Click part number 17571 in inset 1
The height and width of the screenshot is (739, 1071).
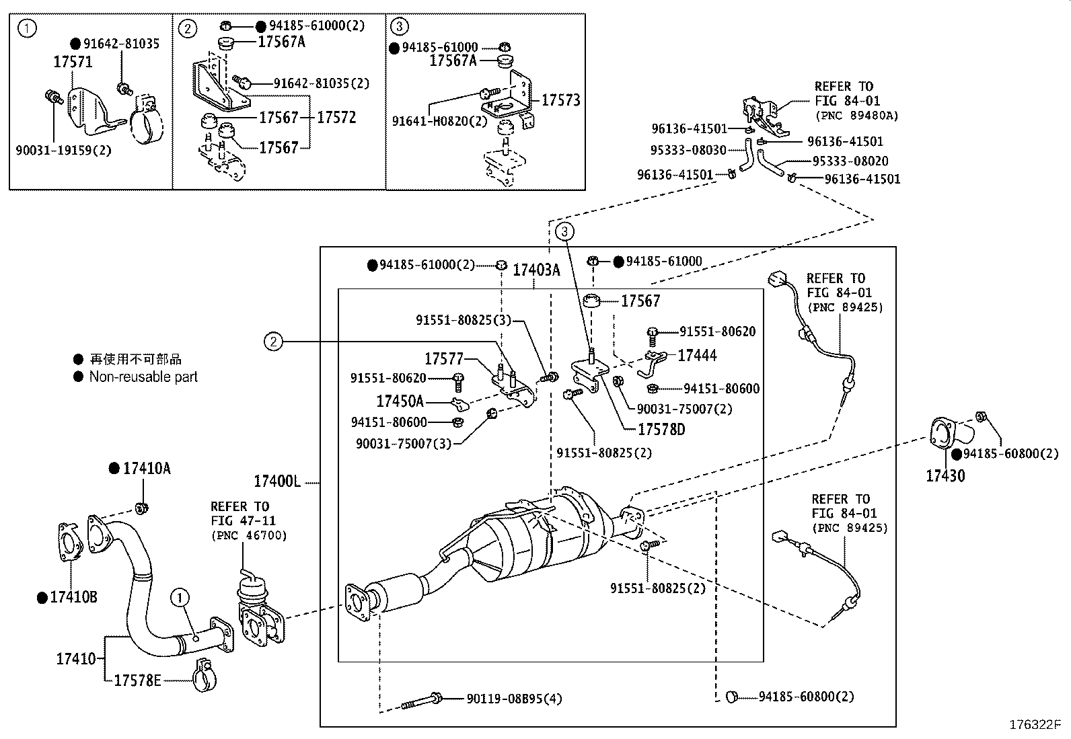[73, 62]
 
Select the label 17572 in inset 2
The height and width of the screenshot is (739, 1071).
[336, 118]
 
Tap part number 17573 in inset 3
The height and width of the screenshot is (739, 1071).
[560, 100]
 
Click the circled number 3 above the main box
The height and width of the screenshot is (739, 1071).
[565, 232]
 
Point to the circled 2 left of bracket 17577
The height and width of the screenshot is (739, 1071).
[272, 342]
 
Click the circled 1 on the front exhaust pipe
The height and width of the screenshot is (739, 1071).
[180, 596]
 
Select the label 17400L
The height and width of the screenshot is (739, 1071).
[276, 481]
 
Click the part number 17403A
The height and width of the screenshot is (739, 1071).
[536, 270]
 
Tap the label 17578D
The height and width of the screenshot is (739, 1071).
[661, 430]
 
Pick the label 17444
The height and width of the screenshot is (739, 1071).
[697, 356]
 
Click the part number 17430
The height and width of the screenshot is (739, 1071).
[945, 476]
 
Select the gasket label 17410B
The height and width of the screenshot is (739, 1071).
[73, 597]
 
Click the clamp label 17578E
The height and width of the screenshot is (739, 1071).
[137, 680]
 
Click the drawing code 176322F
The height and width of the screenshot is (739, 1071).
[1034, 725]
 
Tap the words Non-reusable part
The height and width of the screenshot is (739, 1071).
[143, 377]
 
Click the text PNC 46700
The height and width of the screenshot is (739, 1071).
[249, 536]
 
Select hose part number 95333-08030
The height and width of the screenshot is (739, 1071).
[688, 151]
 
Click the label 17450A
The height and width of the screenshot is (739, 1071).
[400, 402]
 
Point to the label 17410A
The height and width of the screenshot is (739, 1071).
[146, 469]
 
